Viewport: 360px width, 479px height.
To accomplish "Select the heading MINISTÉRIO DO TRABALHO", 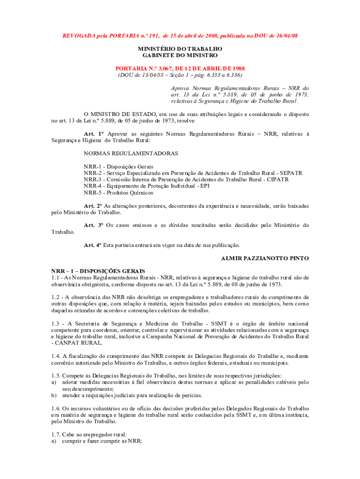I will coord(180,49).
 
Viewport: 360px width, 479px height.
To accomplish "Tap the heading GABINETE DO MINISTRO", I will coord(180,55).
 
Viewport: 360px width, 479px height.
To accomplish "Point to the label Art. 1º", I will coord(93,134).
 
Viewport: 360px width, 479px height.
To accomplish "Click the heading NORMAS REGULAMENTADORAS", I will coord(131,153).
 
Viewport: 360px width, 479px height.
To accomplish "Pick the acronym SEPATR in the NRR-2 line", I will coord(291,173).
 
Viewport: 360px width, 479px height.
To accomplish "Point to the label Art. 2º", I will coord(93,205).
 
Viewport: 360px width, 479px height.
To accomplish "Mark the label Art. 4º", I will coord(93,245).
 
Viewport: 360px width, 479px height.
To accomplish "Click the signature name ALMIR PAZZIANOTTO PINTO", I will coord(265,258).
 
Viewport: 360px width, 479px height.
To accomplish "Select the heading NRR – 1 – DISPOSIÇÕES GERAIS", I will coord(98,271).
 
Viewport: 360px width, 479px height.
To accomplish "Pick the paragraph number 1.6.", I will coord(56,408).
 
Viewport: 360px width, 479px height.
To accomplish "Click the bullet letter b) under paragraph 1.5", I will coord(54,395).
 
